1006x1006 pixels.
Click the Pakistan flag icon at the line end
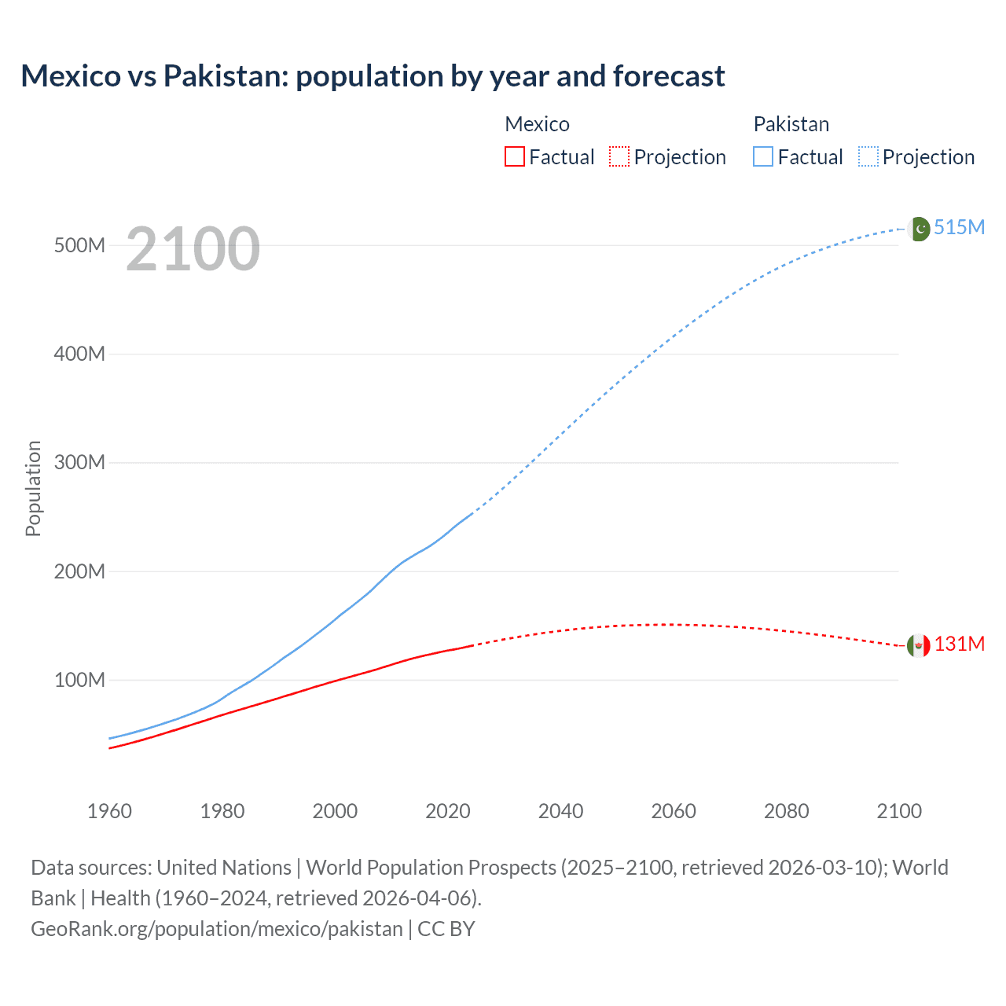click(x=919, y=229)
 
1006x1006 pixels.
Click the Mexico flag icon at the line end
click(x=919, y=645)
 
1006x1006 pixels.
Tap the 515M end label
click(x=959, y=227)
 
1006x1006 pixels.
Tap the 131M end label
click(x=959, y=644)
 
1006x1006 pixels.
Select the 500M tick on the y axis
click(x=79, y=245)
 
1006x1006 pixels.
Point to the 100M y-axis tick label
click(x=79, y=680)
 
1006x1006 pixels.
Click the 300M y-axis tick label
click(x=79, y=462)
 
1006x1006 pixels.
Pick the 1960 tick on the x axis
click(x=109, y=811)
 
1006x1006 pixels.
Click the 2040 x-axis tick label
click(x=560, y=811)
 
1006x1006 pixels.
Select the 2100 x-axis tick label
click(x=899, y=811)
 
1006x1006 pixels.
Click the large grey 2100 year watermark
click(x=193, y=249)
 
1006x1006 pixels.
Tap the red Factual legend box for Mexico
click(x=514, y=156)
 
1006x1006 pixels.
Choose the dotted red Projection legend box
click(x=619, y=156)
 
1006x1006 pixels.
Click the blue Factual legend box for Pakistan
click(x=762, y=156)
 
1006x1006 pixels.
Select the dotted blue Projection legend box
click(x=868, y=156)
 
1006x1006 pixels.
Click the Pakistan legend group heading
click(x=791, y=124)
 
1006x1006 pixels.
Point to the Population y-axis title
click(x=33, y=488)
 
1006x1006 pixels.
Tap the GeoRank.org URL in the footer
click(x=216, y=928)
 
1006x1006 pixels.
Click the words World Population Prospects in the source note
click(x=431, y=867)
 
